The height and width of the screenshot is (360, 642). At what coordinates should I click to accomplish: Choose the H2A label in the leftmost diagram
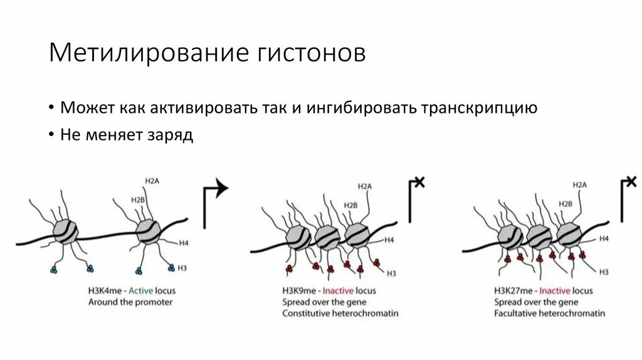pyautogui.click(x=152, y=181)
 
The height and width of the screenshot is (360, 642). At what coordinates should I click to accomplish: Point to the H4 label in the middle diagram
pyautogui.click(x=389, y=240)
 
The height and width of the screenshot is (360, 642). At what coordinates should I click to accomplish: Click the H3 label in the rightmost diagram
pyautogui.click(x=604, y=272)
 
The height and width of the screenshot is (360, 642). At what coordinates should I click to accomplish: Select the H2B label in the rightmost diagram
pyautogui.click(x=565, y=204)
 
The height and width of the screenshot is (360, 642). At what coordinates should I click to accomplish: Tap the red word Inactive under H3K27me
pyautogui.click(x=555, y=291)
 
